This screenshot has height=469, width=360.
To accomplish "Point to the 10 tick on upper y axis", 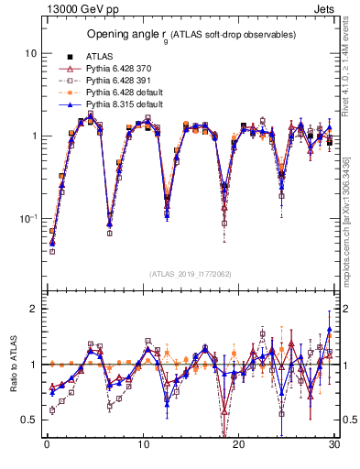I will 30,53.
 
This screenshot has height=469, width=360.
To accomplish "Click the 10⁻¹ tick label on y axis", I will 28,218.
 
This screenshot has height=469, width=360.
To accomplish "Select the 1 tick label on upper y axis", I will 34,136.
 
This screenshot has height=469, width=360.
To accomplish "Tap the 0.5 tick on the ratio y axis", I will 30,420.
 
